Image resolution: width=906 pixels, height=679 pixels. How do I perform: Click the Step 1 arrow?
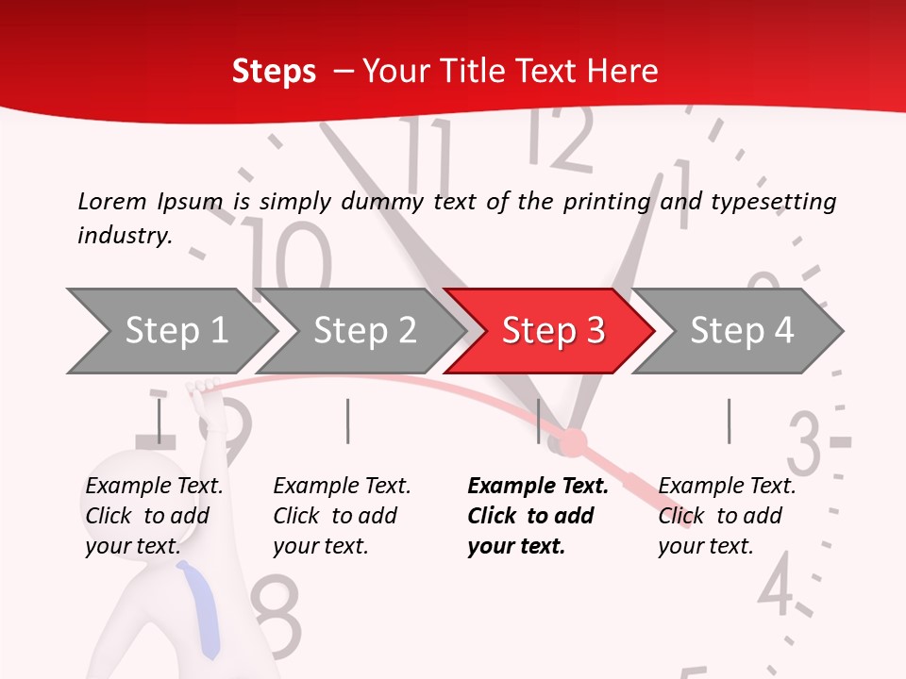pyautogui.click(x=175, y=331)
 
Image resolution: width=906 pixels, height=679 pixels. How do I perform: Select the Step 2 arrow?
pyautogui.click(x=363, y=331)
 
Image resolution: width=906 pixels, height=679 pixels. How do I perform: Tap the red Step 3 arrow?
pyautogui.click(x=552, y=331)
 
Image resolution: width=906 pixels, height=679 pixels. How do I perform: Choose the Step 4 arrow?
pyautogui.click(x=741, y=331)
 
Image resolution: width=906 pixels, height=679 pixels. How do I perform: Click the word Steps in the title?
pyautogui.click(x=274, y=71)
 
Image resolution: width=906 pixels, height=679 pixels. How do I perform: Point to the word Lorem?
pyautogui.click(x=112, y=201)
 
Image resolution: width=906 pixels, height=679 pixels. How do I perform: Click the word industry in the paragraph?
pyautogui.click(x=123, y=235)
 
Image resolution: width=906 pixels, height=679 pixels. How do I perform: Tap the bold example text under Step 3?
pyautogui.click(x=538, y=516)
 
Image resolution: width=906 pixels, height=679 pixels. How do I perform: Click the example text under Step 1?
pyautogui.click(x=153, y=516)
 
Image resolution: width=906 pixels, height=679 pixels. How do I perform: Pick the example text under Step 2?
pyautogui.click(x=342, y=516)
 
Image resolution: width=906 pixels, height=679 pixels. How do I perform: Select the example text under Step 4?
pyautogui.click(x=727, y=516)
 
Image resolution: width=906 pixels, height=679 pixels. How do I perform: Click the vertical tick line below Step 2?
pyautogui.click(x=348, y=421)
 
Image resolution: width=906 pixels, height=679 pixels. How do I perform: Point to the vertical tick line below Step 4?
pyautogui.click(x=729, y=421)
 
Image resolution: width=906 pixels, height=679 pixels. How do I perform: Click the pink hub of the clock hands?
pyautogui.click(x=573, y=441)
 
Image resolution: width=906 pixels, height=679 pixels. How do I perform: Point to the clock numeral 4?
pyautogui.click(x=776, y=585)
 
